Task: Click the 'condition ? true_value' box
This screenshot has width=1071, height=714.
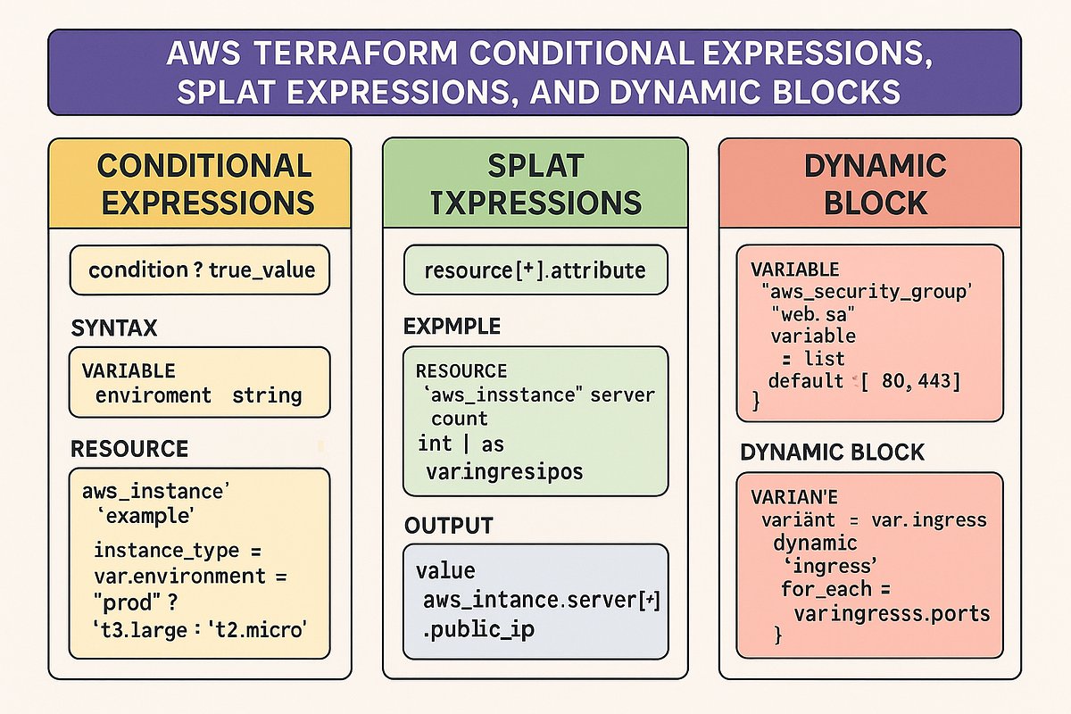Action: click(202, 270)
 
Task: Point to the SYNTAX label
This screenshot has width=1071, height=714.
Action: click(113, 328)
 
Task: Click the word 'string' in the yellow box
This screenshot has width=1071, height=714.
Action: click(267, 394)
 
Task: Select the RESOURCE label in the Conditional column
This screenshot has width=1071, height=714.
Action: click(129, 448)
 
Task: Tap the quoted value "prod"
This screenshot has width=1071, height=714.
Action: click(122, 602)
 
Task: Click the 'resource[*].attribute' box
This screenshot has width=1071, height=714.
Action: click(535, 270)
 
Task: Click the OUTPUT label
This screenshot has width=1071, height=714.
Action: click(449, 524)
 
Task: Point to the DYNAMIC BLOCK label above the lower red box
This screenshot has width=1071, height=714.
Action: click(832, 452)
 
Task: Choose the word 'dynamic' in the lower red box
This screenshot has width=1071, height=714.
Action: click(815, 543)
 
